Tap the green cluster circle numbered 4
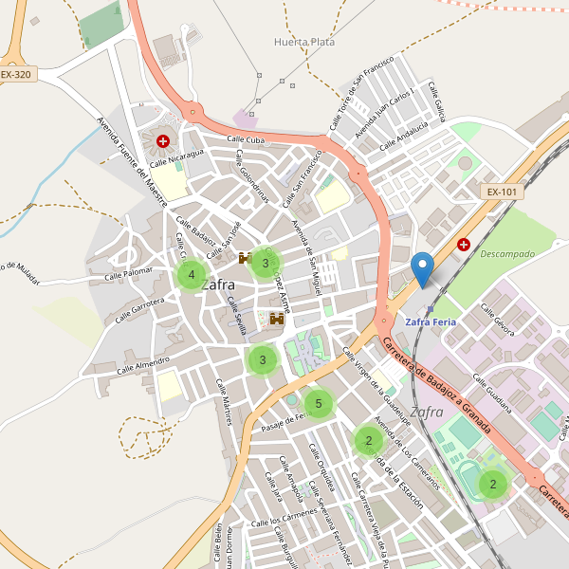click(192, 275)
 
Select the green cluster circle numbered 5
click(319, 404)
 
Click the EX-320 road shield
click(16, 73)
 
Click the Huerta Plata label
click(303, 42)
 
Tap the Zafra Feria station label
click(431, 321)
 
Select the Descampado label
click(507, 254)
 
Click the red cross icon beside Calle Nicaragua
click(163, 141)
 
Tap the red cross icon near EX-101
click(464, 245)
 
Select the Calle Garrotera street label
click(140, 309)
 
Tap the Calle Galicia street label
click(437, 101)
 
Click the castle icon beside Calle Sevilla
click(277, 320)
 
